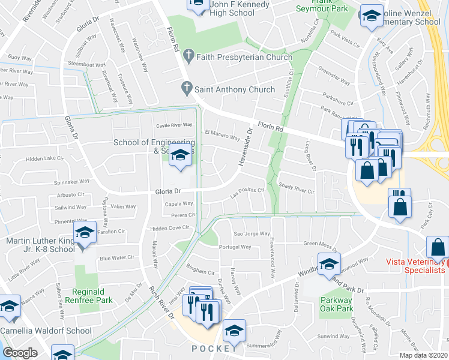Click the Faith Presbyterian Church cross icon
188,57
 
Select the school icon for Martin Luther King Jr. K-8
85,233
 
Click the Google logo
20,353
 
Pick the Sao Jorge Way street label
246,233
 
